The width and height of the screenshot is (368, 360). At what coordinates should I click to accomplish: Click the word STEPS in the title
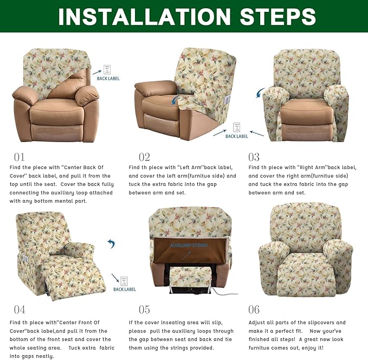[274, 16]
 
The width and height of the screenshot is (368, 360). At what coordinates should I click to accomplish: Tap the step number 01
[20, 157]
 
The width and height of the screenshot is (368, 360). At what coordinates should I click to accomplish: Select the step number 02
[144, 157]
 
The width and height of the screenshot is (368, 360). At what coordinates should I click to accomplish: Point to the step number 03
[254, 157]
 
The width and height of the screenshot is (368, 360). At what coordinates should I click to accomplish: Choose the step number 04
[20, 310]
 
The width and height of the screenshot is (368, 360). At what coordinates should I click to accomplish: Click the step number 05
[144, 310]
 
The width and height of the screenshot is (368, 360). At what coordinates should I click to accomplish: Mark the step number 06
[254, 310]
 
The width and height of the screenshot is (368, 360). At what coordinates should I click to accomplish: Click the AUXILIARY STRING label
[189, 246]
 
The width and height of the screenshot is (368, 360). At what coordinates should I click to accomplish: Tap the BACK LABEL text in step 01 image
[108, 79]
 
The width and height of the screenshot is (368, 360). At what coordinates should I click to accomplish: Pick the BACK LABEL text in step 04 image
[125, 290]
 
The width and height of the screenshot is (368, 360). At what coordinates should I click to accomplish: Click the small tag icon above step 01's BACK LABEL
[107, 69]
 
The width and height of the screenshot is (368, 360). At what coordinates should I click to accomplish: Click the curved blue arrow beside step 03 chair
[261, 94]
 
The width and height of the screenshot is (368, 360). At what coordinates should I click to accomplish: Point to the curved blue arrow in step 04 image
[111, 244]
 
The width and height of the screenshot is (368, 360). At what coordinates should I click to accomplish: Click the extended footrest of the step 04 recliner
[81, 277]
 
